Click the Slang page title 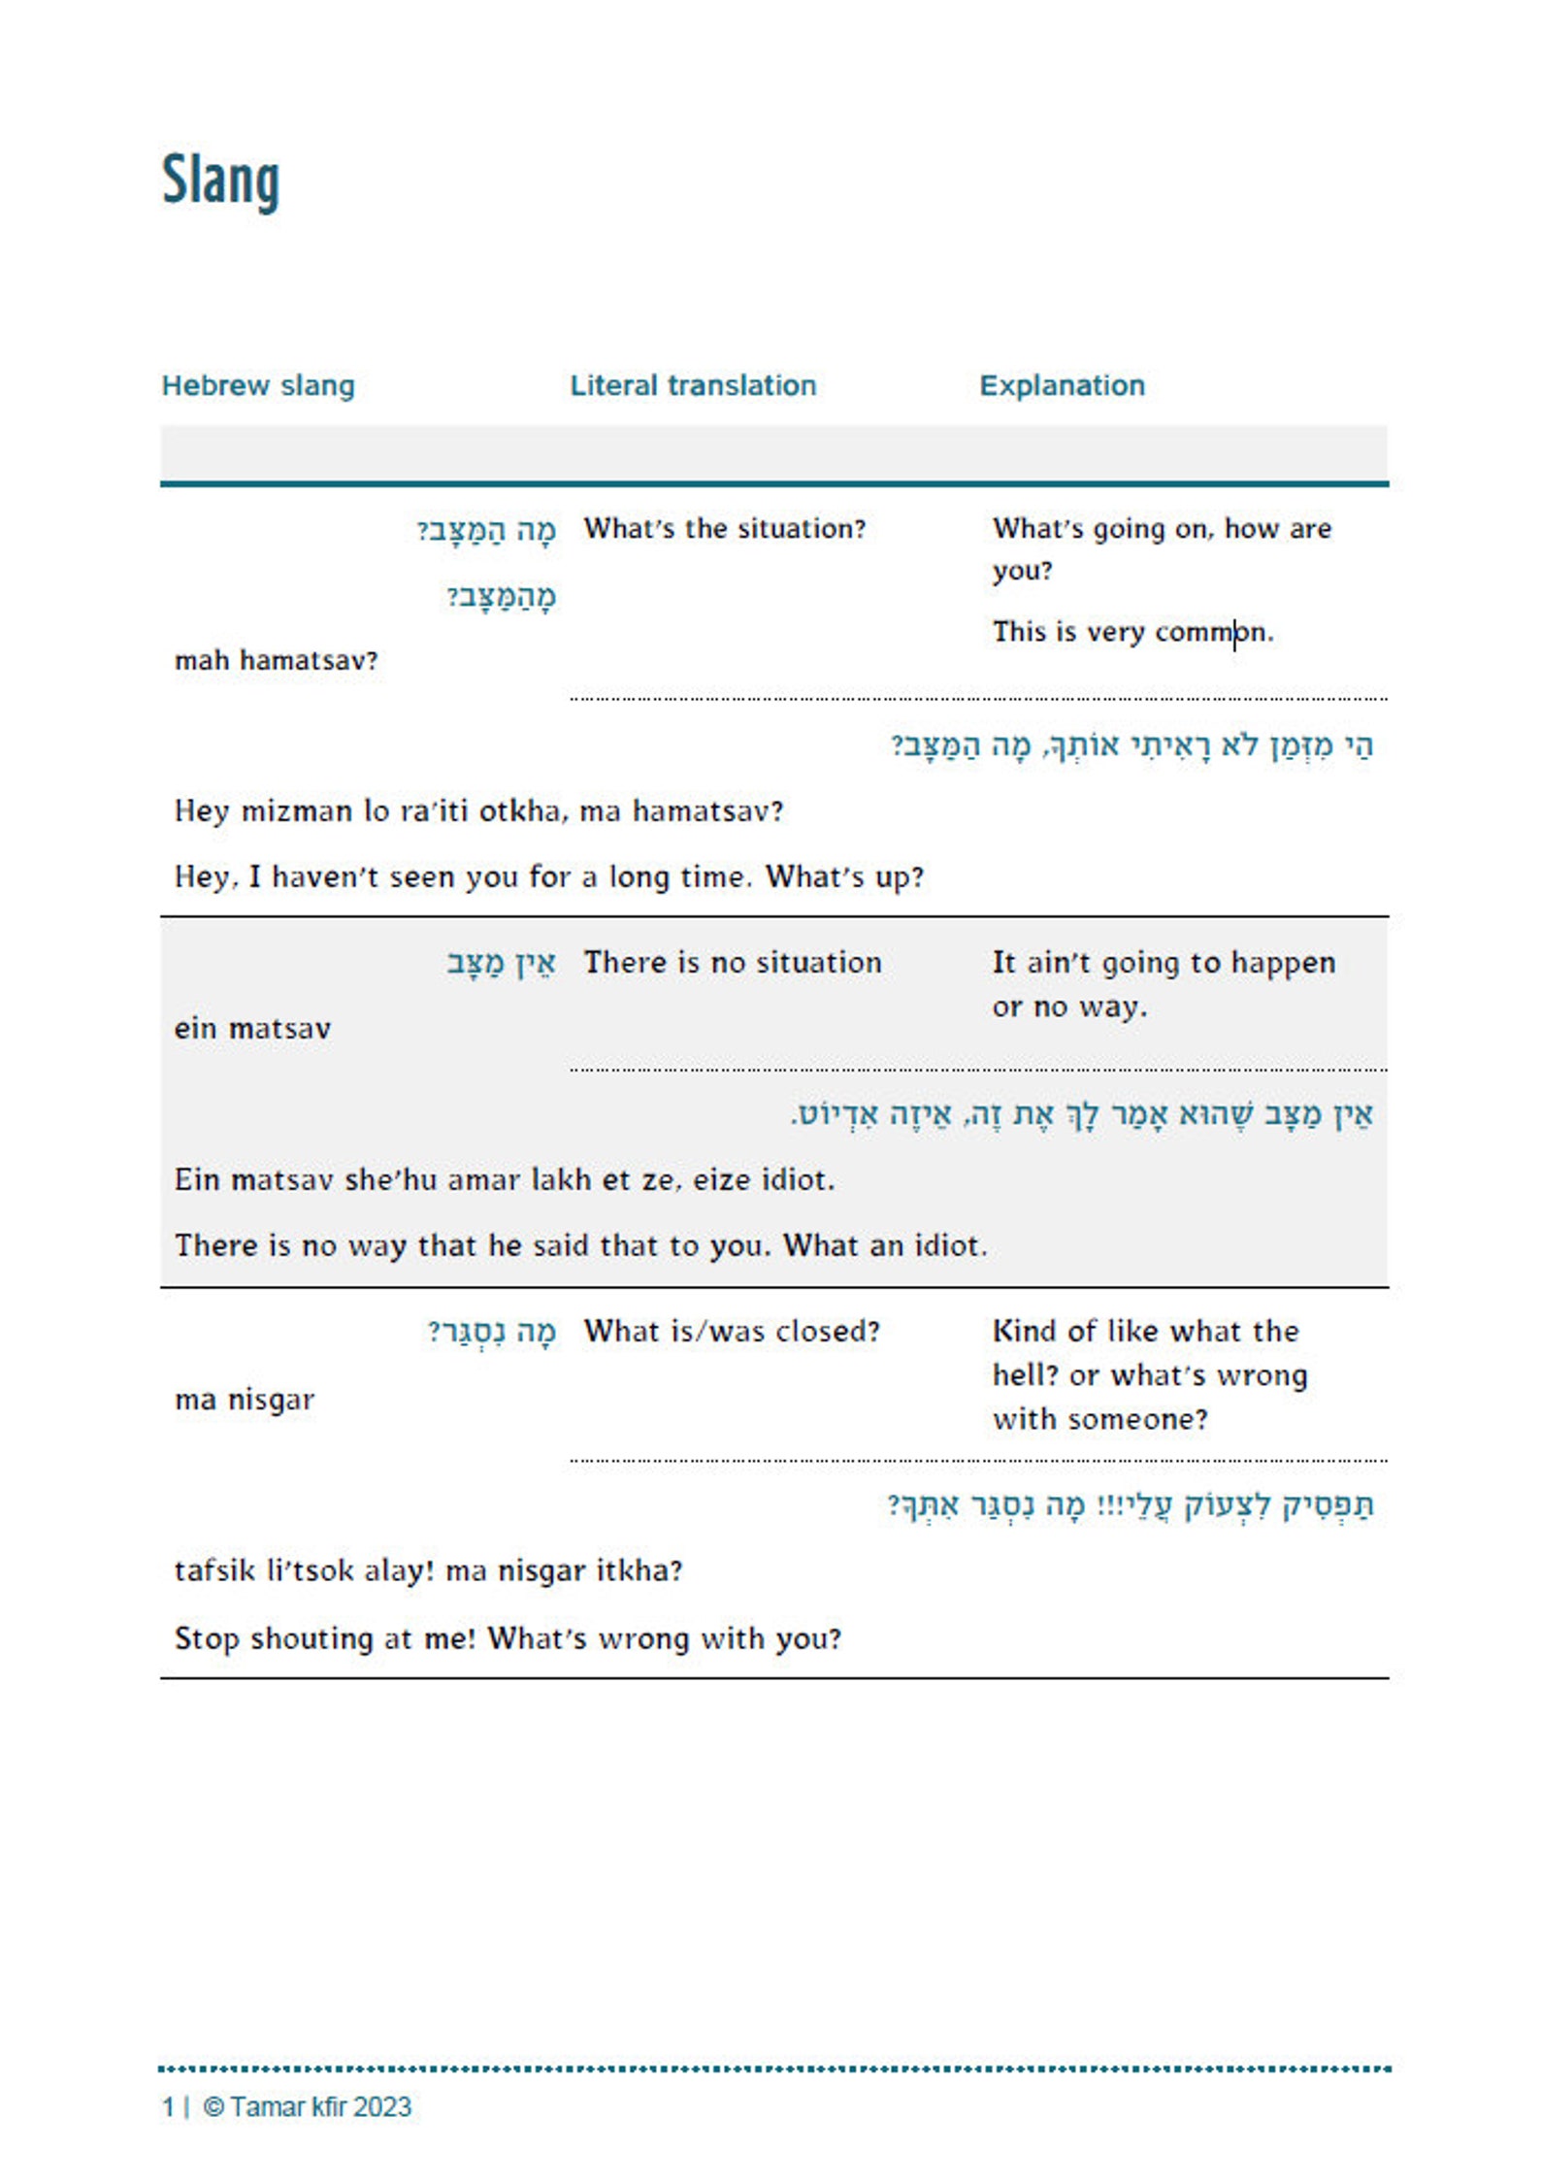[x=220, y=181]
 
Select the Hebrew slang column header [x=258, y=385]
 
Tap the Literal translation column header [x=693, y=385]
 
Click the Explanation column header [x=1062, y=385]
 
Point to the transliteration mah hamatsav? [x=276, y=661]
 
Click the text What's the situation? [x=724, y=529]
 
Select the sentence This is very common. [x=1131, y=633]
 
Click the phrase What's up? [x=844, y=877]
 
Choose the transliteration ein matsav [x=252, y=1029]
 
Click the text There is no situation [x=733, y=963]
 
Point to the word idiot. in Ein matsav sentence [x=798, y=1180]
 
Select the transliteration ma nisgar [x=245, y=1401]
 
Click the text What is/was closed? [x=732, y=1332]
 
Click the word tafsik [x=214, y=1571]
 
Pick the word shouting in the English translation [x=312, y=1639]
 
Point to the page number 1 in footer [x=168, y=2107]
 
